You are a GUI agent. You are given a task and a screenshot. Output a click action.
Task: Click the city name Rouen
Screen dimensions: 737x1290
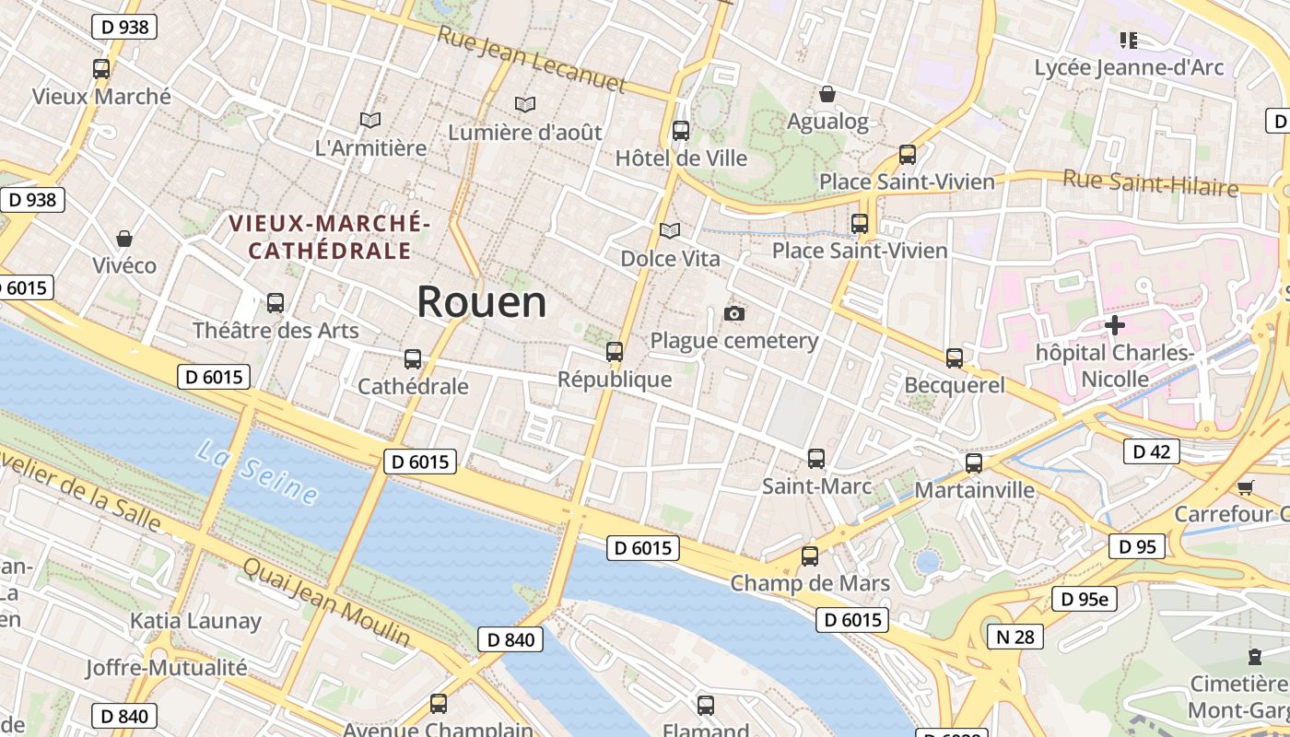pyautogui.click(x=481, y=301)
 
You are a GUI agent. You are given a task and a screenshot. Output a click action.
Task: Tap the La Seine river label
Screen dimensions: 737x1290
pyautogui.click(x=258, y=473)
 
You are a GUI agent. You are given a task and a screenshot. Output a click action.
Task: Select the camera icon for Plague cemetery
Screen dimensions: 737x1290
pyautogui.click(x=734, y=313)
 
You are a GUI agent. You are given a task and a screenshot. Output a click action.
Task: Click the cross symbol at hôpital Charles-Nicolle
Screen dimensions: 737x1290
pyautogui.click(x=1115, y=324)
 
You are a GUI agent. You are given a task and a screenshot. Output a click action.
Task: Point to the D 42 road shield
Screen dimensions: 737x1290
pyautogui.click(x=1151, y=451)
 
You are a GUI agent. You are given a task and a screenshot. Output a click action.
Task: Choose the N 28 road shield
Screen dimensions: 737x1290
pyautogui.click(x=1015, y=636)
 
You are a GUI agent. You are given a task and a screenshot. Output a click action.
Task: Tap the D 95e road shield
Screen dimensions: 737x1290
pyautogui.click(x=1085, y=599)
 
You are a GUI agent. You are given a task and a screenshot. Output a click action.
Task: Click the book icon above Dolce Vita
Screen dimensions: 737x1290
pyautogui.click(x=670, y=230)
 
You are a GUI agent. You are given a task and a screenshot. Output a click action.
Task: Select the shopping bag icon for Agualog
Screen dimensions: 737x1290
pyautogui.click(x=827, y=94)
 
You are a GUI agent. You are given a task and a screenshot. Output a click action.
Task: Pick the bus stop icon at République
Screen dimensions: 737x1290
pyautogui.click(x=615, y=351)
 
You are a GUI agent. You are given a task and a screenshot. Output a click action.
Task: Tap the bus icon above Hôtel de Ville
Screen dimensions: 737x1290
pyautogui.click(x=681, y=131)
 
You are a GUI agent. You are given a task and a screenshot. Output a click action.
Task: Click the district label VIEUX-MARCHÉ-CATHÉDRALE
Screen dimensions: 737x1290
pyautogui.click(x=329, y=237)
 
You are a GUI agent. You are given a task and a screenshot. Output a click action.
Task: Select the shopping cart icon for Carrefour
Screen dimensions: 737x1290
pyautogui.click(x=1246, y=486)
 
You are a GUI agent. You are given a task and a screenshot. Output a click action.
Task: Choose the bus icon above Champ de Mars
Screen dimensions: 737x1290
pyautogui.click(x=810, y=556)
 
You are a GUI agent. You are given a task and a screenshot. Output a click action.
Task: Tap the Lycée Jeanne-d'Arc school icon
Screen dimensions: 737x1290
pyautogui.click(x=1129, y=40)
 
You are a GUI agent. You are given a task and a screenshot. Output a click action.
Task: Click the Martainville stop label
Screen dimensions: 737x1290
pyautogui.click(x=974, y=489)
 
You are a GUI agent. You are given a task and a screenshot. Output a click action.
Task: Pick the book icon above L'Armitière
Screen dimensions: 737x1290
pyautogui.click(x=370, y=120)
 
